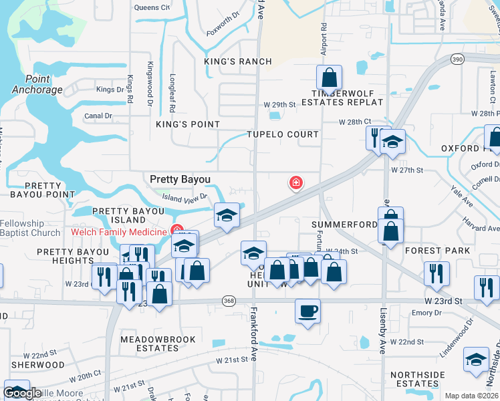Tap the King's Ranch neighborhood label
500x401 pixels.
point(238,61)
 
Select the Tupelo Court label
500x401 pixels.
point(283,134)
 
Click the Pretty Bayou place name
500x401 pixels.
point(180,179)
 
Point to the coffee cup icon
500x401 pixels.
point(307,311)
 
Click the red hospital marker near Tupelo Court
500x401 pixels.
point(295,182)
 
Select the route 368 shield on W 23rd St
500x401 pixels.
point(229,301)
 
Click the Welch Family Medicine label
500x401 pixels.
point(118,232)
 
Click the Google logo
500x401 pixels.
point(23,394)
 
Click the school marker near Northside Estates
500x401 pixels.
point(476,360)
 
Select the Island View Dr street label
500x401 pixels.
point(184,197)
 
